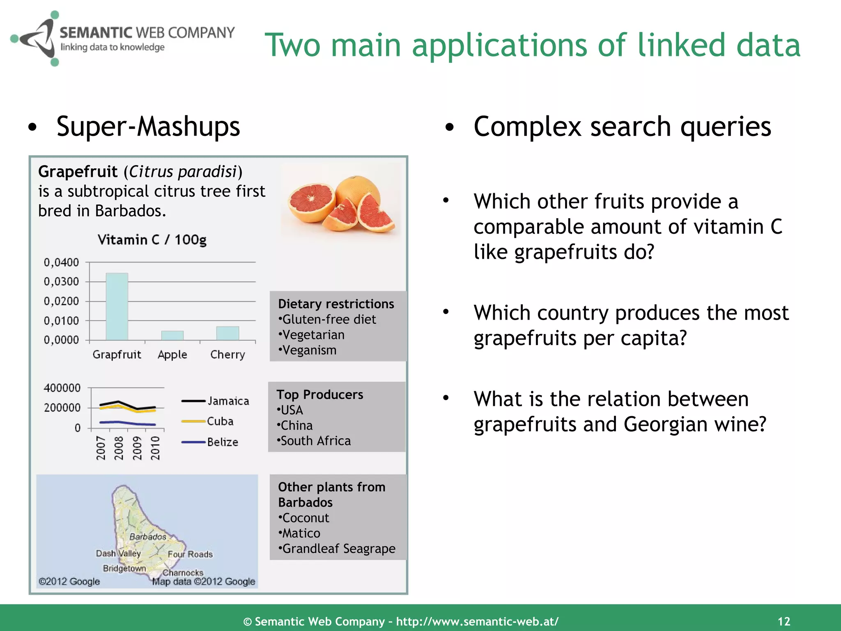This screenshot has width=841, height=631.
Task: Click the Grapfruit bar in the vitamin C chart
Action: (117, 306)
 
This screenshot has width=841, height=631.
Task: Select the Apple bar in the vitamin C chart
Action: (172, 335)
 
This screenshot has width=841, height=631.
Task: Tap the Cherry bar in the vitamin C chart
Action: (227, 333)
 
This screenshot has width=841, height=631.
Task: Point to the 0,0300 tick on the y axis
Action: (62, 282)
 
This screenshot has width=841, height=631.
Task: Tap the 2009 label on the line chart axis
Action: (137, 448)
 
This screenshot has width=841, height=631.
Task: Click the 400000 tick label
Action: (62, 388)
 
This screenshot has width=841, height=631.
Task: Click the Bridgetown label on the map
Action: (124, 568)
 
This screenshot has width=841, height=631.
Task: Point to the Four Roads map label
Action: (190, 554)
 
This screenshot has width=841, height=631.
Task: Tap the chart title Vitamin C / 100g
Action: (152, 240)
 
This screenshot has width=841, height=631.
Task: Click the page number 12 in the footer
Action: (784, 621)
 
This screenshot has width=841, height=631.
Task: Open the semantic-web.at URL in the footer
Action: (477, 622)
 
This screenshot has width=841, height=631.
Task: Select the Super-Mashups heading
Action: (148, 126)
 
